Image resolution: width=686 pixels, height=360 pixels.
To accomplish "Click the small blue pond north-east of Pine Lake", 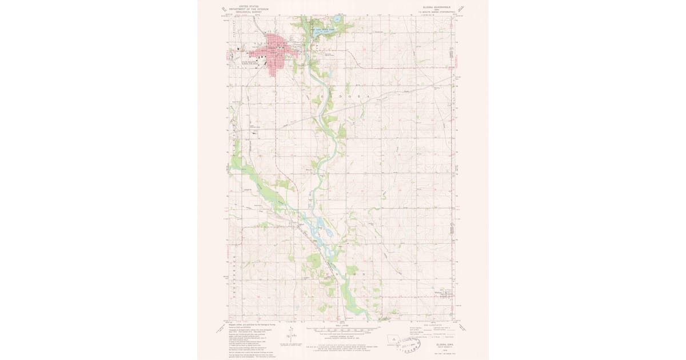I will tap(338, 20).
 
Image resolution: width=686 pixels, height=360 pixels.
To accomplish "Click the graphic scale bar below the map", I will tap(343, 330).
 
